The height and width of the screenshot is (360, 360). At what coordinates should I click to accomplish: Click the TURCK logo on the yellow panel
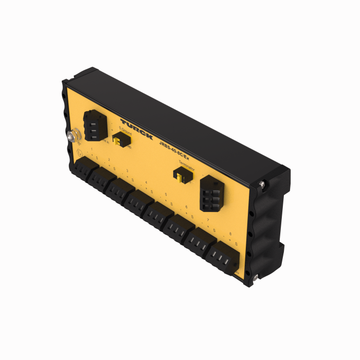tap(136, 128)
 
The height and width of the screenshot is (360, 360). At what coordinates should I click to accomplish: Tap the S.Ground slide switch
tap(120, 139)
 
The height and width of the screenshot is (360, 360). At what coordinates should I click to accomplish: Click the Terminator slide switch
tap(180, 177)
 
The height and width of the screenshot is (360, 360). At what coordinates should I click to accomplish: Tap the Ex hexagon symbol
tap(79, 153)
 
